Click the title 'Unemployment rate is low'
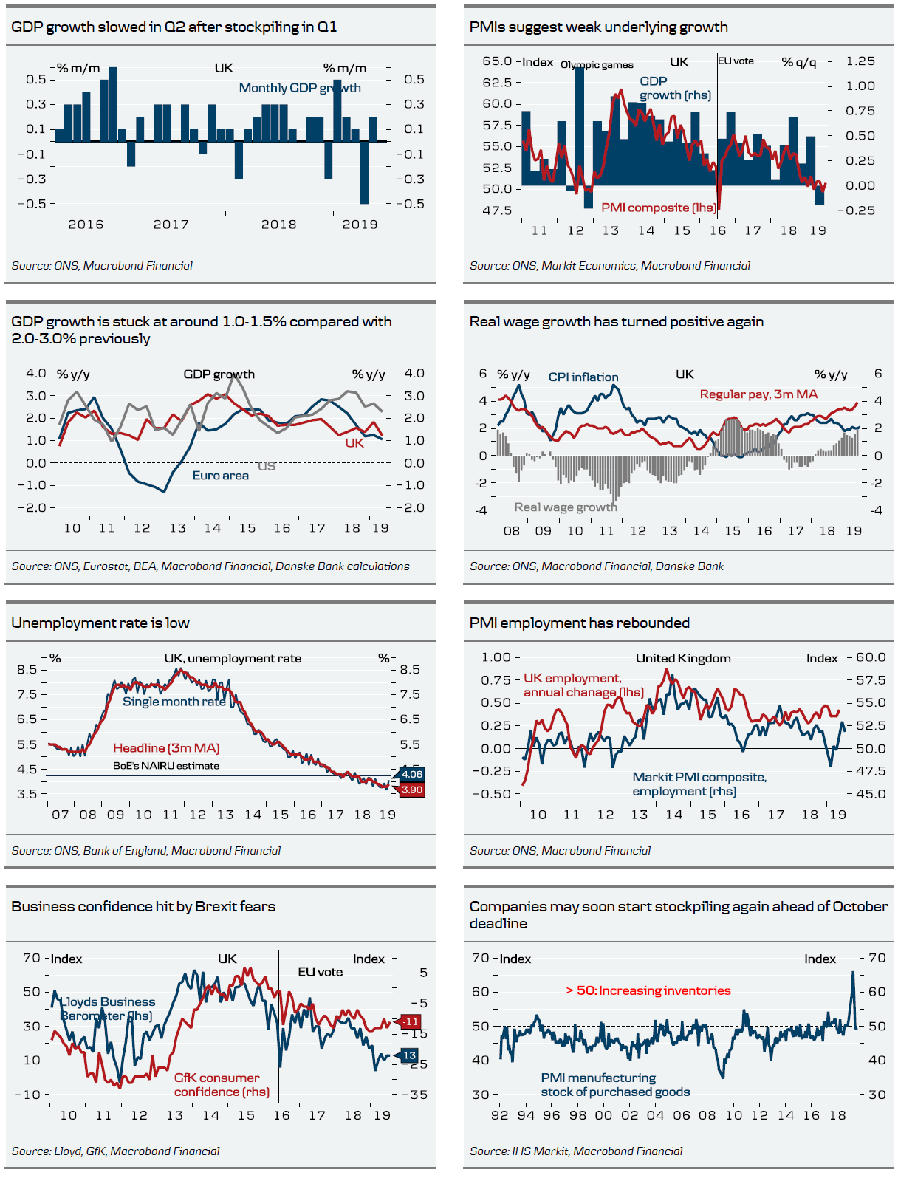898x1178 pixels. pos(100,623)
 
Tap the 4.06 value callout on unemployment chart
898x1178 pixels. pos(411,774)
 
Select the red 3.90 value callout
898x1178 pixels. pos(411,790)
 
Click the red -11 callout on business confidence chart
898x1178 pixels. pos(410,1021)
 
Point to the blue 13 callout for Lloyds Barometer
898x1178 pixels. pos(409,1055)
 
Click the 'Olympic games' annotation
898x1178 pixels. pos(597,65)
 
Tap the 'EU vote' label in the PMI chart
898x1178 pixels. pos(736,61)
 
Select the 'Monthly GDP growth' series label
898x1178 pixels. pos(300,88)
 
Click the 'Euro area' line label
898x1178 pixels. pos(220,476)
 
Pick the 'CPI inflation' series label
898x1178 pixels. pos(583,377)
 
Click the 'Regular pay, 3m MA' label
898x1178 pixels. pos(758,394)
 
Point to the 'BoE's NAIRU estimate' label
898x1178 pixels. pos(166,766)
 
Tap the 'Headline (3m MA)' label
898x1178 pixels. pos(166,748)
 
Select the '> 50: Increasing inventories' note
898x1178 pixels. pos(648,991)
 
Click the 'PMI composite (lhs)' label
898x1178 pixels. pos(659,208)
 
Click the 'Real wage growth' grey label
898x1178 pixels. pos(566,507)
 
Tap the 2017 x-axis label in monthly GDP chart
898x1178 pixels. pos(171,225)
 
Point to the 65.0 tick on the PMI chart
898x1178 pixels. pos(497,61)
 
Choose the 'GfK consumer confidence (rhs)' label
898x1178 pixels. pos(221,1085)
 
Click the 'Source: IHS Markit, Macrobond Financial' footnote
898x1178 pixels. pos(576,1151)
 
